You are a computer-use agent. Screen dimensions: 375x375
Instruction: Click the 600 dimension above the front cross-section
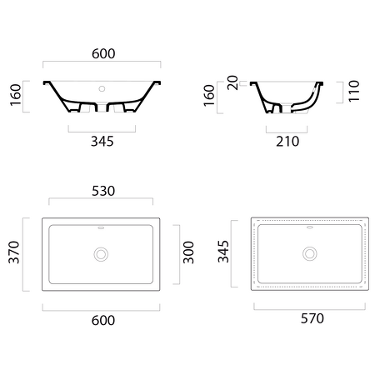click(103, 53)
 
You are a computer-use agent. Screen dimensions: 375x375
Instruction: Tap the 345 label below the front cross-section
click(102, 142)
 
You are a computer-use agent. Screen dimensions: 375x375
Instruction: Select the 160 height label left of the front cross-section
click(16, 95)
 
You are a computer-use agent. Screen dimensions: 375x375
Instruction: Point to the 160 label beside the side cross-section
click(209, 96)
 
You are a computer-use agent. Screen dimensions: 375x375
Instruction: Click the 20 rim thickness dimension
click(232, 82)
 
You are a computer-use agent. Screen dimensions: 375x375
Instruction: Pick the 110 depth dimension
click(354, 91)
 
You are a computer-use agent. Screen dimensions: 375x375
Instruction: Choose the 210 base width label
click(287, 142)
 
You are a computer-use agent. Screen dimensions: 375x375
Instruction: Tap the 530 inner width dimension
click(103, 191)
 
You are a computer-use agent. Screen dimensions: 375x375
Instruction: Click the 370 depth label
click(14, 252)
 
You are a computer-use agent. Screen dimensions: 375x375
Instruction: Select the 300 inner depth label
click(188, 252)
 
